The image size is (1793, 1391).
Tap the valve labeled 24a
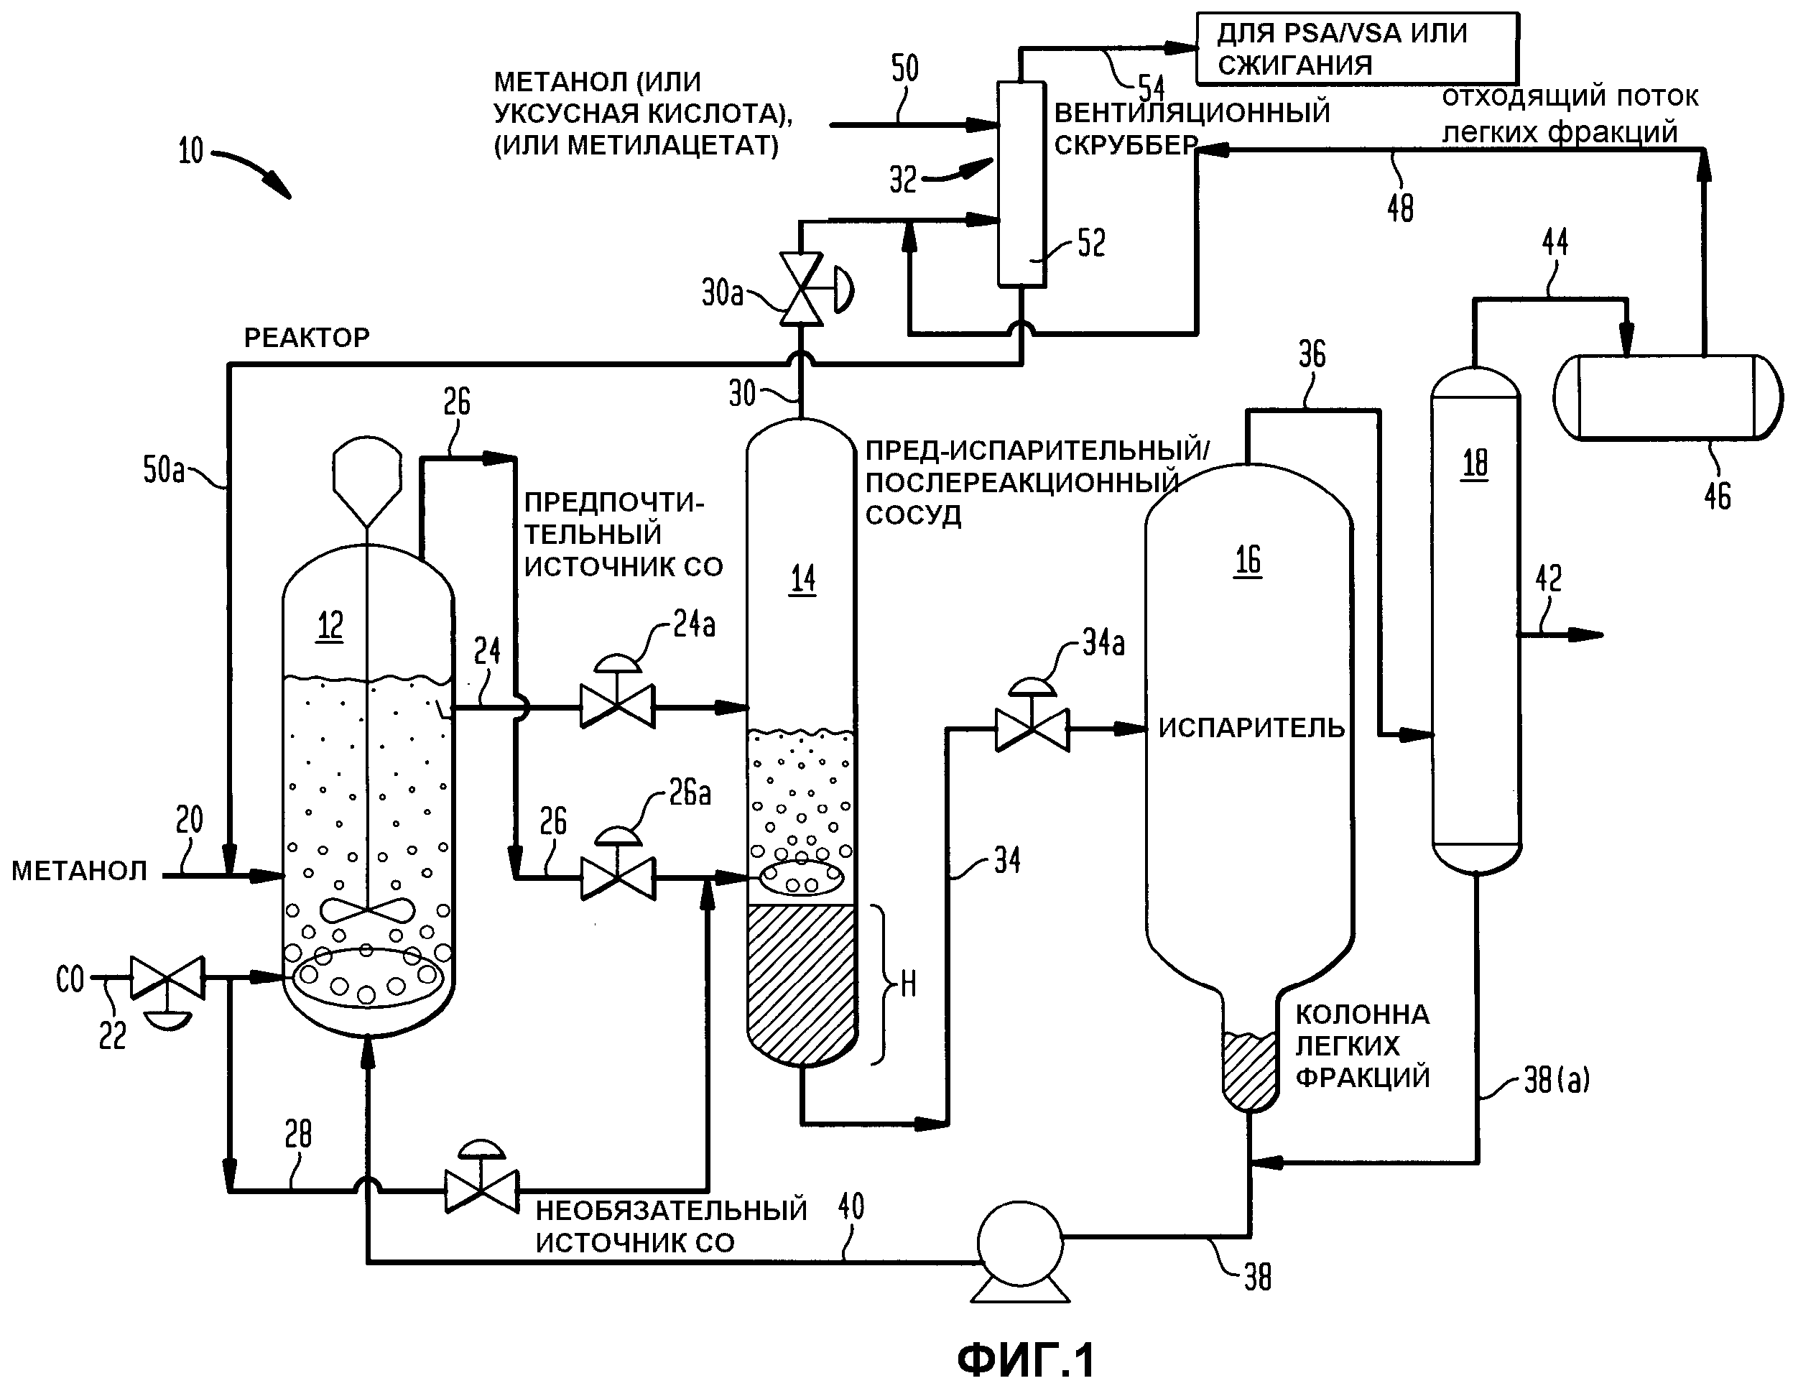[x=617, y=695]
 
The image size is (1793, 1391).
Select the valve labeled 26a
[x=617, y=868]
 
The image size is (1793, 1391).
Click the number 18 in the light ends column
[x=1475, y=463]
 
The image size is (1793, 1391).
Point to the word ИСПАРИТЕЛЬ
[x=1252, y=728]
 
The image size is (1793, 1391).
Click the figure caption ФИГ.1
[x=1027, y=1360]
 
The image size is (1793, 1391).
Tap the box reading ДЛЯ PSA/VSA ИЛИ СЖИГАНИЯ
[x=1357, y=48]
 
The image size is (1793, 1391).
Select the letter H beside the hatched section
[x=908, y=984]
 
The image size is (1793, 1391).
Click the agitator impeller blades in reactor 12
[x=367, y=910]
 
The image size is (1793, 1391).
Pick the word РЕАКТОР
[x=307, y=337]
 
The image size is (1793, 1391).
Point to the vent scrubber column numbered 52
[x=1021, y=184]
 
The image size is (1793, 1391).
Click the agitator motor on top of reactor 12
[x=367, y=481]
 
